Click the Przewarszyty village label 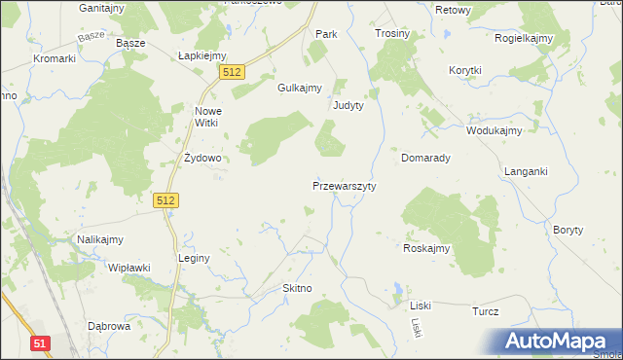[345, 185]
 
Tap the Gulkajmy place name [300, 88]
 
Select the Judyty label [348, 105]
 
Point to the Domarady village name [425, 157]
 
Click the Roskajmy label [426, 248]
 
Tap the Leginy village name [194, 258]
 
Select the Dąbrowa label [109, 327]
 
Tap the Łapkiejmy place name [202, 55]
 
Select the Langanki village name [526, 171]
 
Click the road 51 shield [40, 342]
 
